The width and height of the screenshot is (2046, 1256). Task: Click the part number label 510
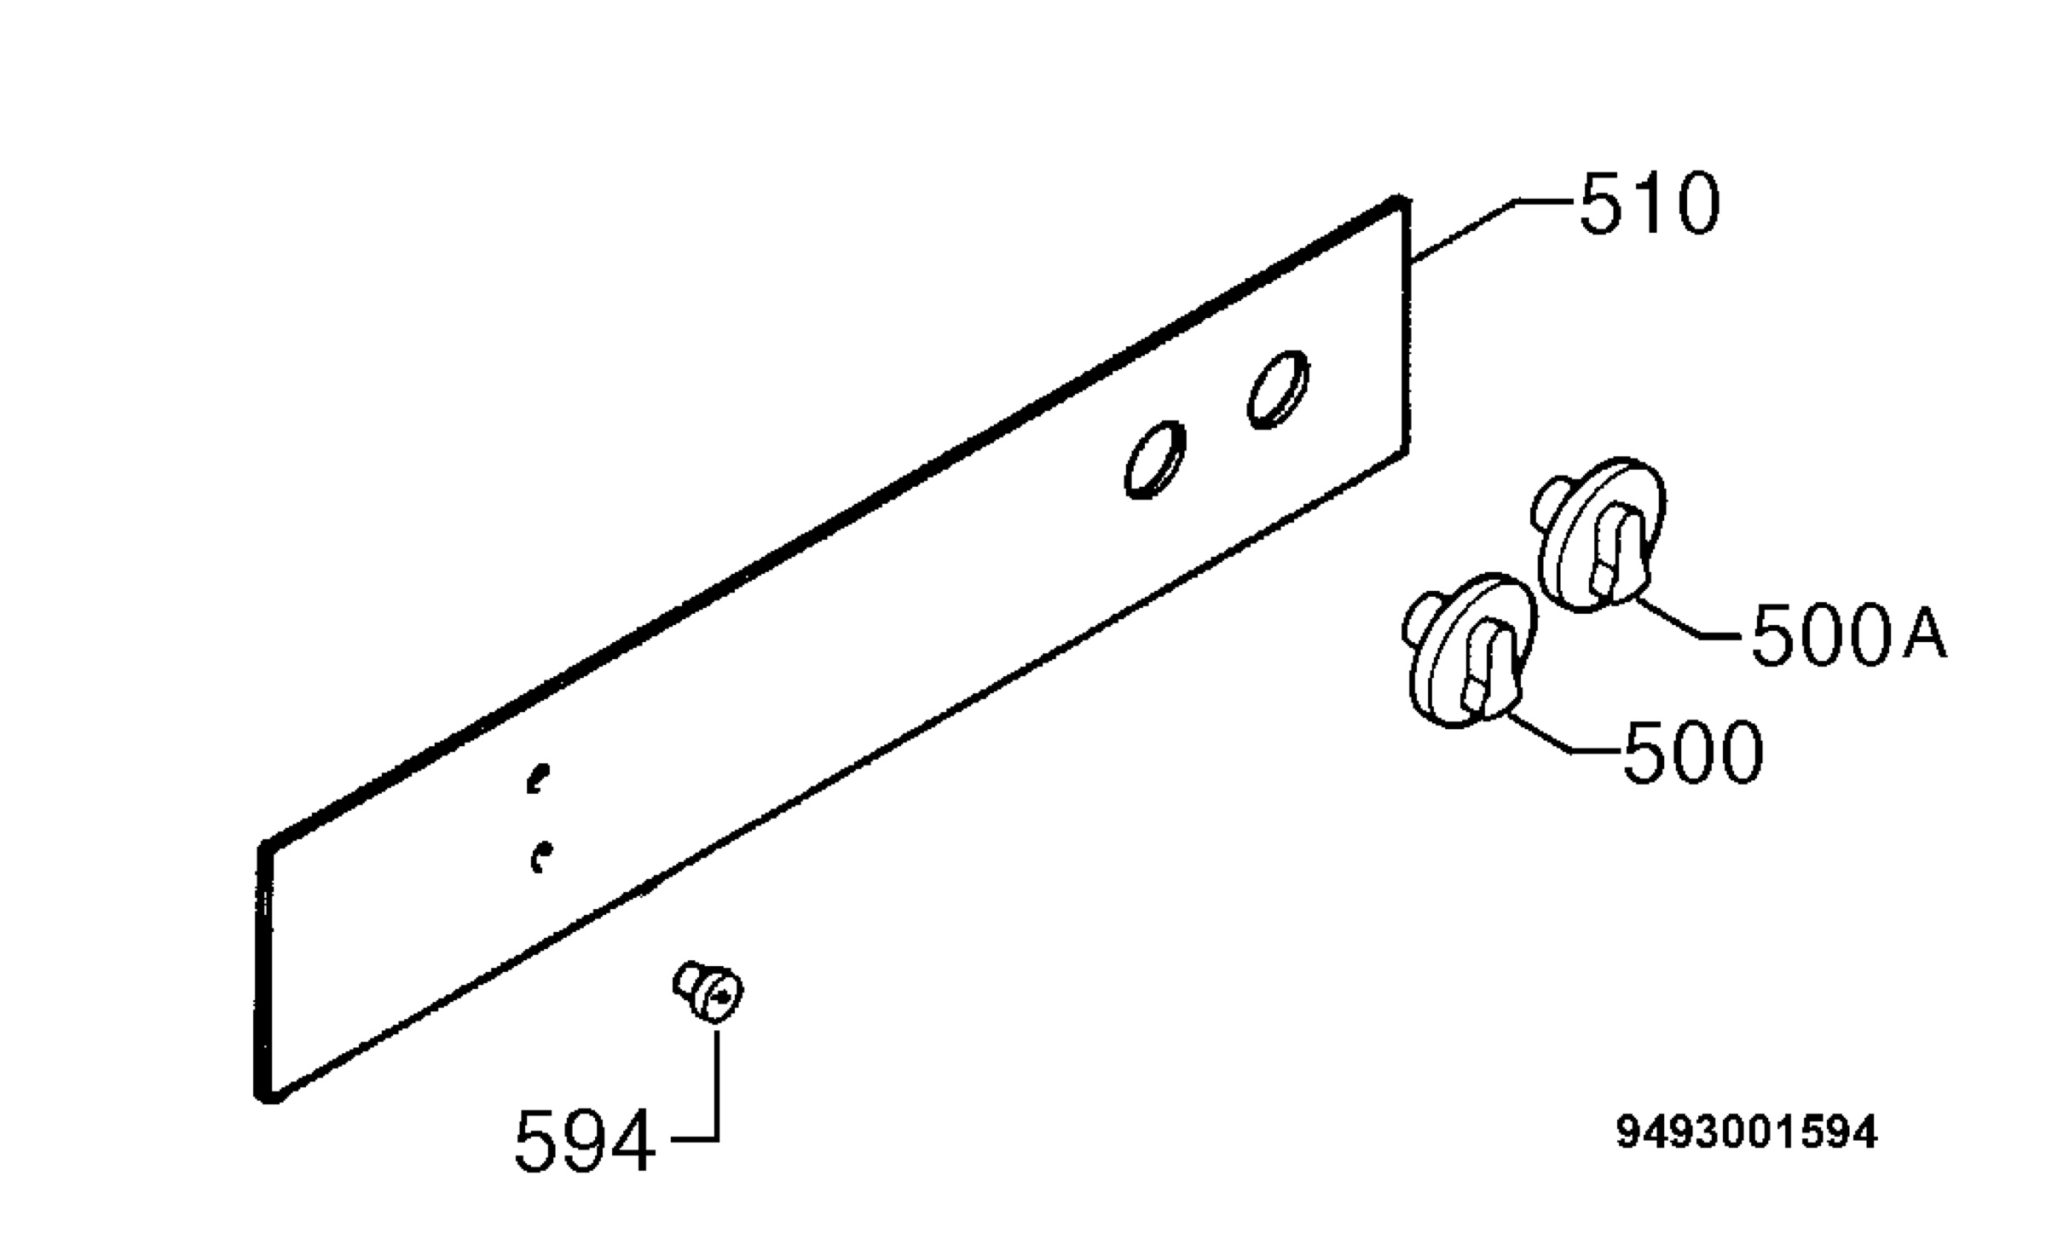click(x=1650, y=204)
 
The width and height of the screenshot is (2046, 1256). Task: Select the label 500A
click(x=1849, y=634)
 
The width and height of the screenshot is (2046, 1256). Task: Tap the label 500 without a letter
click(x=1692, y=751)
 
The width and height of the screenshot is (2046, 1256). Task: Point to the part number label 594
click(x=585, y=1141)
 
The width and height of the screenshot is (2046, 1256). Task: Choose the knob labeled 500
click(x=1470, y=650)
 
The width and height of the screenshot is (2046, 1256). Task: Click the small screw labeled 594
click(x=708, y=990)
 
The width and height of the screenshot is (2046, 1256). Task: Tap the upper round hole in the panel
click(x=1278, y=389)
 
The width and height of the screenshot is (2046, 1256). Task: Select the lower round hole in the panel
click(x=1155, y=460)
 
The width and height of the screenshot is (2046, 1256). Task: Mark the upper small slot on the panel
click(x=537, y=778)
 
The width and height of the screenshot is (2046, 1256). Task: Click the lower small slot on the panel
click(x=540, y=857)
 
